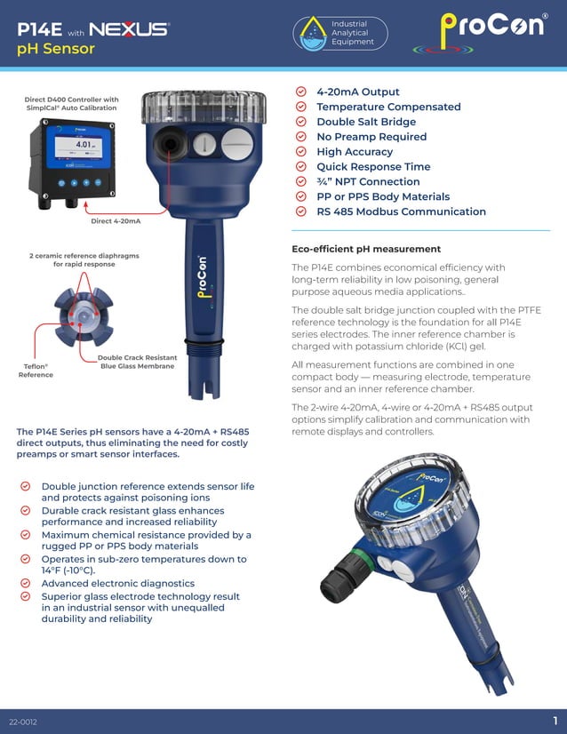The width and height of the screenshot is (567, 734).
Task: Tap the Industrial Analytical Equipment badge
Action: (x=341, y=33)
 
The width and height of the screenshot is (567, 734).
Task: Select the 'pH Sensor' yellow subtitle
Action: (x=56, y=49)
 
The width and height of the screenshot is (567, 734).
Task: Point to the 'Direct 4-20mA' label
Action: (x=116, y=220)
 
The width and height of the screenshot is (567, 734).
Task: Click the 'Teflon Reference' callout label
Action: (x=36, y=370)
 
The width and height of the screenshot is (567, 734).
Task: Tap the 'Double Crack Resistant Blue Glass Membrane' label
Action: (x=137, y=362)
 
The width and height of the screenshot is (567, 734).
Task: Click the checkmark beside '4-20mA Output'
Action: (x=300, y=92)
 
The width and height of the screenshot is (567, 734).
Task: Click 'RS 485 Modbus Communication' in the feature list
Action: (x=401, y=211)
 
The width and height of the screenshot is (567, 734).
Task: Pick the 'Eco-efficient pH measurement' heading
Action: (x=366, y=249)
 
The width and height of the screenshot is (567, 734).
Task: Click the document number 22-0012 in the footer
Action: (x=23, y=721)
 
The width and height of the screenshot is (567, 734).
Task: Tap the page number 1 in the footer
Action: (x=555, y=720)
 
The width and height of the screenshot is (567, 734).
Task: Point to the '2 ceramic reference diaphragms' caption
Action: (x=84, y=259)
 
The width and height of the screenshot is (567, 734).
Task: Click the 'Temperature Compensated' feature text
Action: (x=388, y=107)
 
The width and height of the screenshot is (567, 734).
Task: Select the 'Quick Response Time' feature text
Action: (x=373, y=166)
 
